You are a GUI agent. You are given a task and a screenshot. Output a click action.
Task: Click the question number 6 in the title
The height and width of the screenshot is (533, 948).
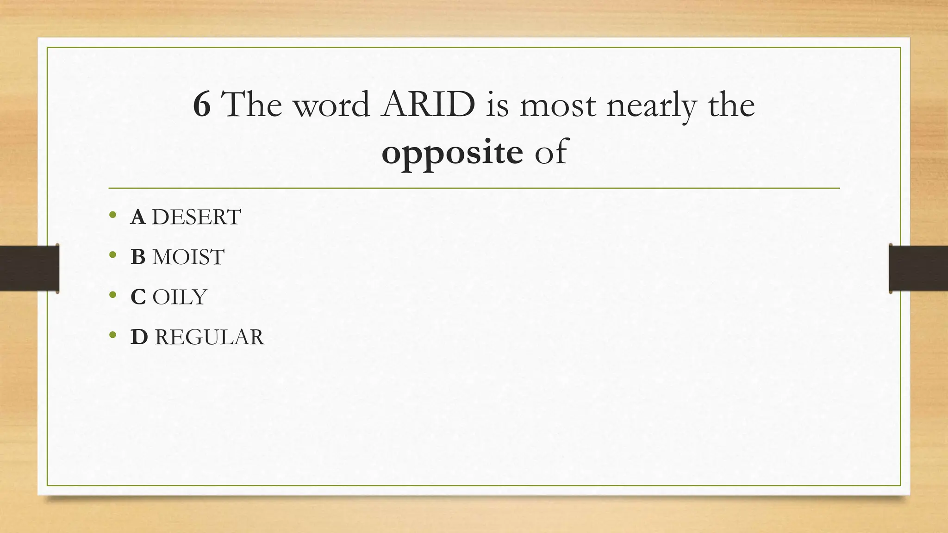point(202,105)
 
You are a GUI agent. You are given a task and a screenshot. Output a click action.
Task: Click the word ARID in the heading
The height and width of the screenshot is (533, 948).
point(428,105)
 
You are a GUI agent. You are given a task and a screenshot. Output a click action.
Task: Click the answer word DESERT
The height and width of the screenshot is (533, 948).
point(196,217)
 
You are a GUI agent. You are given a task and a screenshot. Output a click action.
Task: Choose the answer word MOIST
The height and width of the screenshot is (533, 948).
point(188,257)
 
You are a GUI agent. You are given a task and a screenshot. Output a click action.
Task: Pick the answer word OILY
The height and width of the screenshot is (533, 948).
point(180,297)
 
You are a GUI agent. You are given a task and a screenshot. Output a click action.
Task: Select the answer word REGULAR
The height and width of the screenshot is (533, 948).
point(209,337)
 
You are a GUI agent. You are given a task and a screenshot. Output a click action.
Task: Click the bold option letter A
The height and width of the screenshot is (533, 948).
point(138,217)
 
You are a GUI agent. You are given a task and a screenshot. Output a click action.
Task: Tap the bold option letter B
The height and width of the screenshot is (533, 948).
point(138,257)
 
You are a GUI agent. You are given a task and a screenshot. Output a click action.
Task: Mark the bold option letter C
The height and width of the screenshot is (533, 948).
point(138,297)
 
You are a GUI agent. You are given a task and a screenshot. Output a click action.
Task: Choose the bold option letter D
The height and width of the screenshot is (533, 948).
point(139,337)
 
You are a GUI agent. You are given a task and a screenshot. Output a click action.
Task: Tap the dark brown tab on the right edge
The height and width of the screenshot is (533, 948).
point(918,268)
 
